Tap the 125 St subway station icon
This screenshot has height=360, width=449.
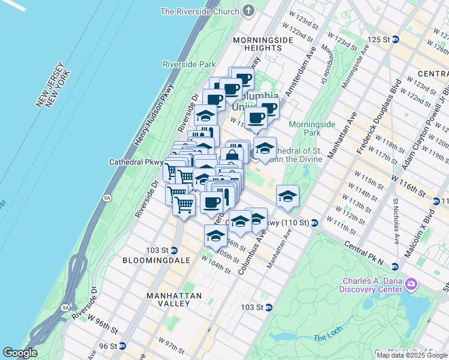(395, 40)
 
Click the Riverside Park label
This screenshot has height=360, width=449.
(189, 64)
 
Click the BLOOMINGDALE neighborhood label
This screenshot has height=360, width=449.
(156, 260)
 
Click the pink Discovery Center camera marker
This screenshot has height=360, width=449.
(411, 283)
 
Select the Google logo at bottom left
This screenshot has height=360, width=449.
(20, 353)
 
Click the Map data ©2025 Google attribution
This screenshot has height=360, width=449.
(412, 355)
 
